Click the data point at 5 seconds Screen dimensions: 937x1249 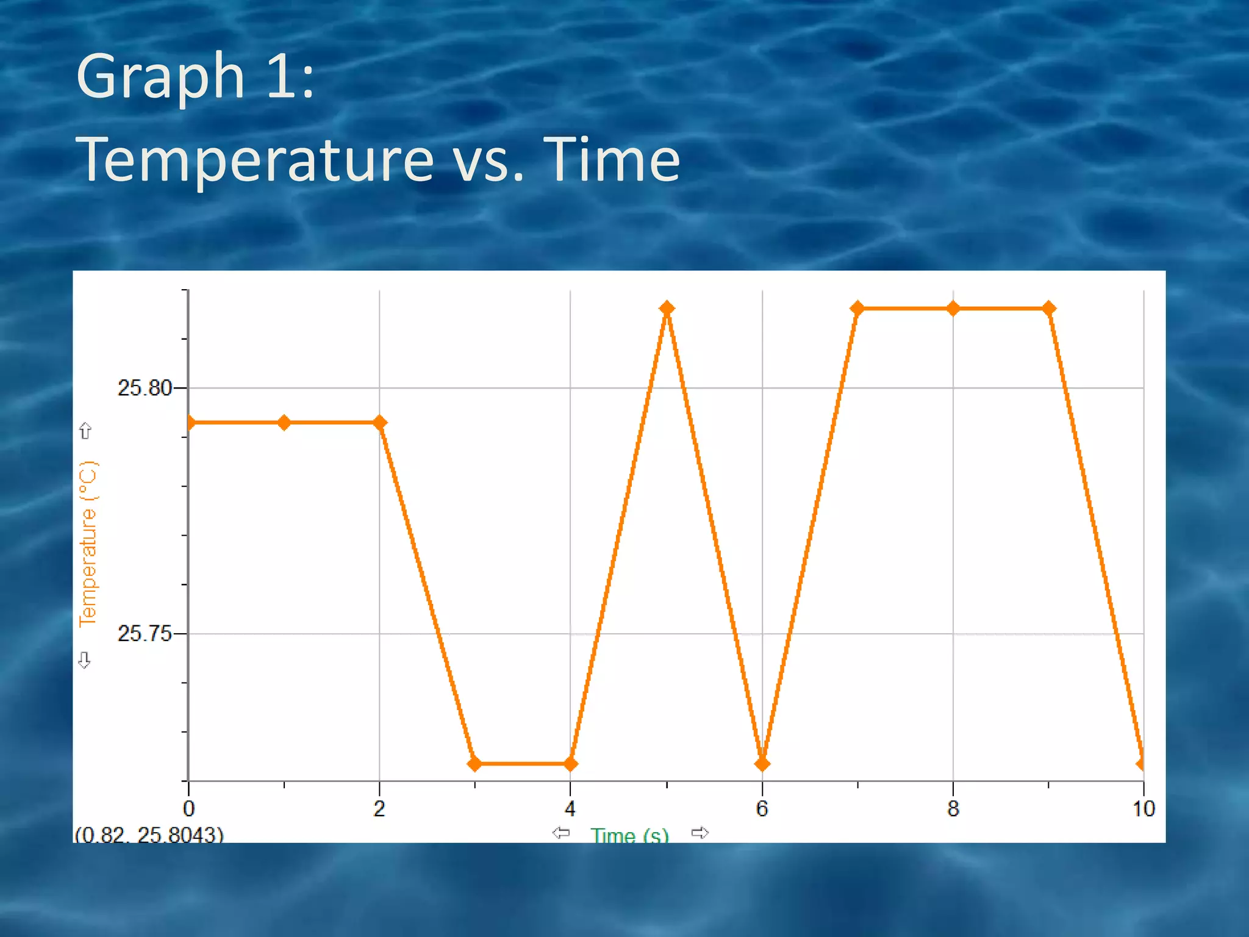click(x=667, y=308)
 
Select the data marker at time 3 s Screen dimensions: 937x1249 click(x=475, y=763)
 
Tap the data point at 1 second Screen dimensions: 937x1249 click(x=284, y=422)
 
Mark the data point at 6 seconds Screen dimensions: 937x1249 click(x=762, y=763)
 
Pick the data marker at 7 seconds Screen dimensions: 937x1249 click(x=857, y=308)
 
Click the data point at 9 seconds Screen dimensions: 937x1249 click(x=1049, y=308)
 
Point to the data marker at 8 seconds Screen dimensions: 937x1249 click(x=953, y=308)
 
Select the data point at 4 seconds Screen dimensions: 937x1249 click(x=571, y=763)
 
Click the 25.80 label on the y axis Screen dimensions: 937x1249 click(x=145, y=388)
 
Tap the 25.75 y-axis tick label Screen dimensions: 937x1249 click(x=145, y=634)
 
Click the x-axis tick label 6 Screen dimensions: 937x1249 click(x=762, y=809)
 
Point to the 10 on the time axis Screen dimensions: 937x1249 click(x=1143, y=809)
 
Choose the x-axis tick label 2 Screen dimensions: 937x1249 click(x=379, y=809)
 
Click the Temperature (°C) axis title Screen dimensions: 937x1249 click(x=88, y=543)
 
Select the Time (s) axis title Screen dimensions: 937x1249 click(x=629, y=835)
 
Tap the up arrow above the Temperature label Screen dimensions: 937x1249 click(x=85, y=431)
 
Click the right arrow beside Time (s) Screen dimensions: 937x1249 click(x=700, y=833)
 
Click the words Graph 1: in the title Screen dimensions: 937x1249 click(x=195, y=76)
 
